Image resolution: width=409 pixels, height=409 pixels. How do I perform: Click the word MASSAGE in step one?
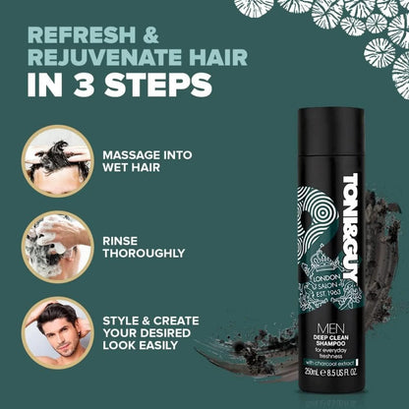click(x=134, y=153)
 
